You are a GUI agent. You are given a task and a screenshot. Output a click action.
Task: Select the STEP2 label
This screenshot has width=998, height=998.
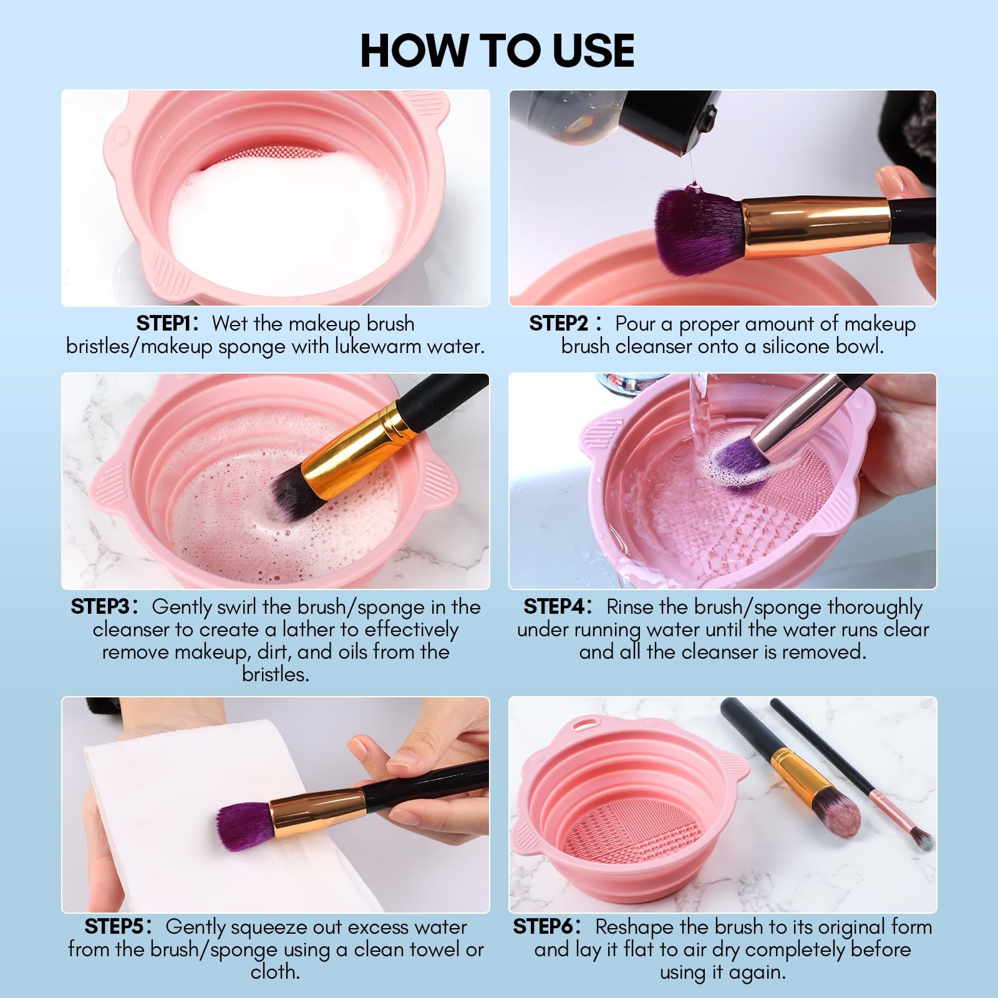(558, 324)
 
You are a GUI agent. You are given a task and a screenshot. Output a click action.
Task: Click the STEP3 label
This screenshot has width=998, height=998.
(100, 607)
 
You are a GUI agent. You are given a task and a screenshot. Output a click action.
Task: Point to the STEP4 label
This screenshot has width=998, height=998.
(553, 607)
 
